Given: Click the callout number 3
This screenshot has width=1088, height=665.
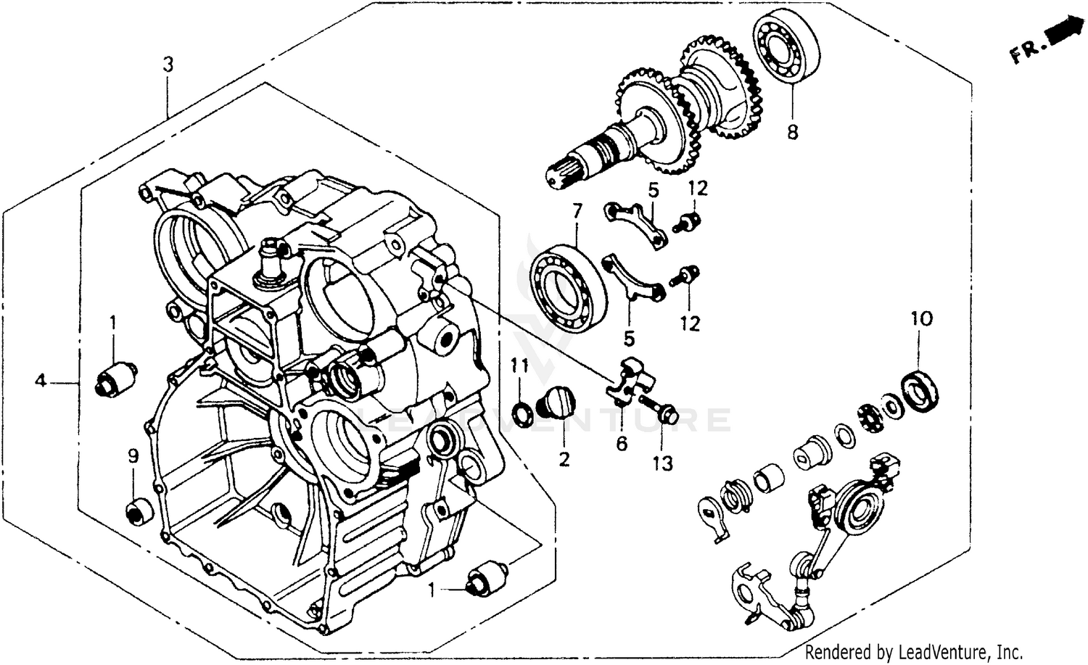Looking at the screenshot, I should point(168,65).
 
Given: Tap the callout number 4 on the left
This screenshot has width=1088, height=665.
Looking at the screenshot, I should point(41,380).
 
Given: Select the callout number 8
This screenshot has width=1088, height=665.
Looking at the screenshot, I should point(792,132).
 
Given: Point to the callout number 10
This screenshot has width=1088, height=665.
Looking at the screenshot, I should point(922,318).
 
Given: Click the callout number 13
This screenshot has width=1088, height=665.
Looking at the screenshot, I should point(662,463).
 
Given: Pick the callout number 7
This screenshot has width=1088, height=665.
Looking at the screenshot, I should point(577,212).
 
